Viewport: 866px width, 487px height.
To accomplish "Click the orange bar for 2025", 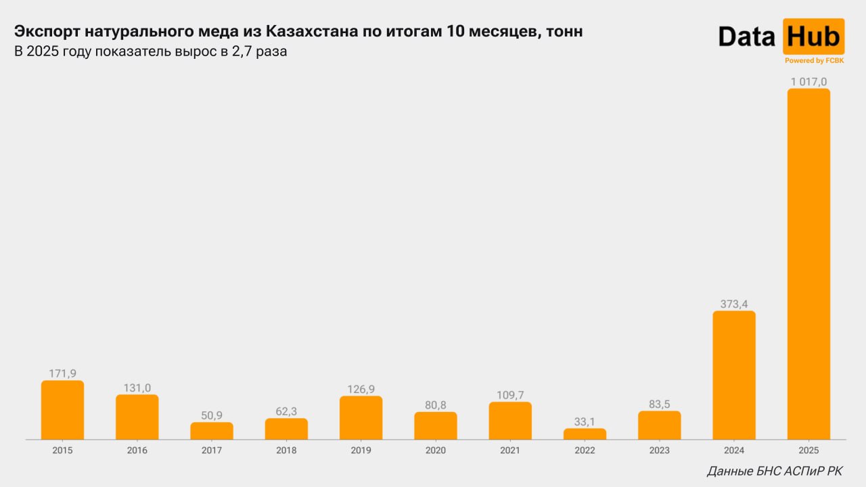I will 808,264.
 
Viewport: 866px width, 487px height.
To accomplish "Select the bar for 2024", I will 734,375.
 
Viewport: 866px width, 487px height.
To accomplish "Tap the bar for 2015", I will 62,410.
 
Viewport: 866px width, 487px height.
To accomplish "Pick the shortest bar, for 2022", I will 585,434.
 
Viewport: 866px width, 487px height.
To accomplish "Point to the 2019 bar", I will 361,418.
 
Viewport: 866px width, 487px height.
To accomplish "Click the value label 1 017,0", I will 808,82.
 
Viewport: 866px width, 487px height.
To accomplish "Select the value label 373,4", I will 734,304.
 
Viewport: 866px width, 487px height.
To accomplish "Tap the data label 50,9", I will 212,415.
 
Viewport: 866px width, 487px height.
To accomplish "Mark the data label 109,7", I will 510,395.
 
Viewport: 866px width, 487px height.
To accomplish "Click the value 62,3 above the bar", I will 286,411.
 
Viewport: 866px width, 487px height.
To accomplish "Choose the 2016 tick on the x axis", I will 137,450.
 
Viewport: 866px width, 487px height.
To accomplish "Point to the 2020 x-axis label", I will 436,450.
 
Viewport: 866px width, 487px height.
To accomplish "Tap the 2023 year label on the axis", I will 660,450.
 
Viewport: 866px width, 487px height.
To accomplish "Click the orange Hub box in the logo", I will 813,37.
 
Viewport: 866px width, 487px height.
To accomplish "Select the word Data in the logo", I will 747,37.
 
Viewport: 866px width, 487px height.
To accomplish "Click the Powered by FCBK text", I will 814,61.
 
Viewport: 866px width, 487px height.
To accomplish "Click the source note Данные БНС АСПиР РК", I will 775,471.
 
